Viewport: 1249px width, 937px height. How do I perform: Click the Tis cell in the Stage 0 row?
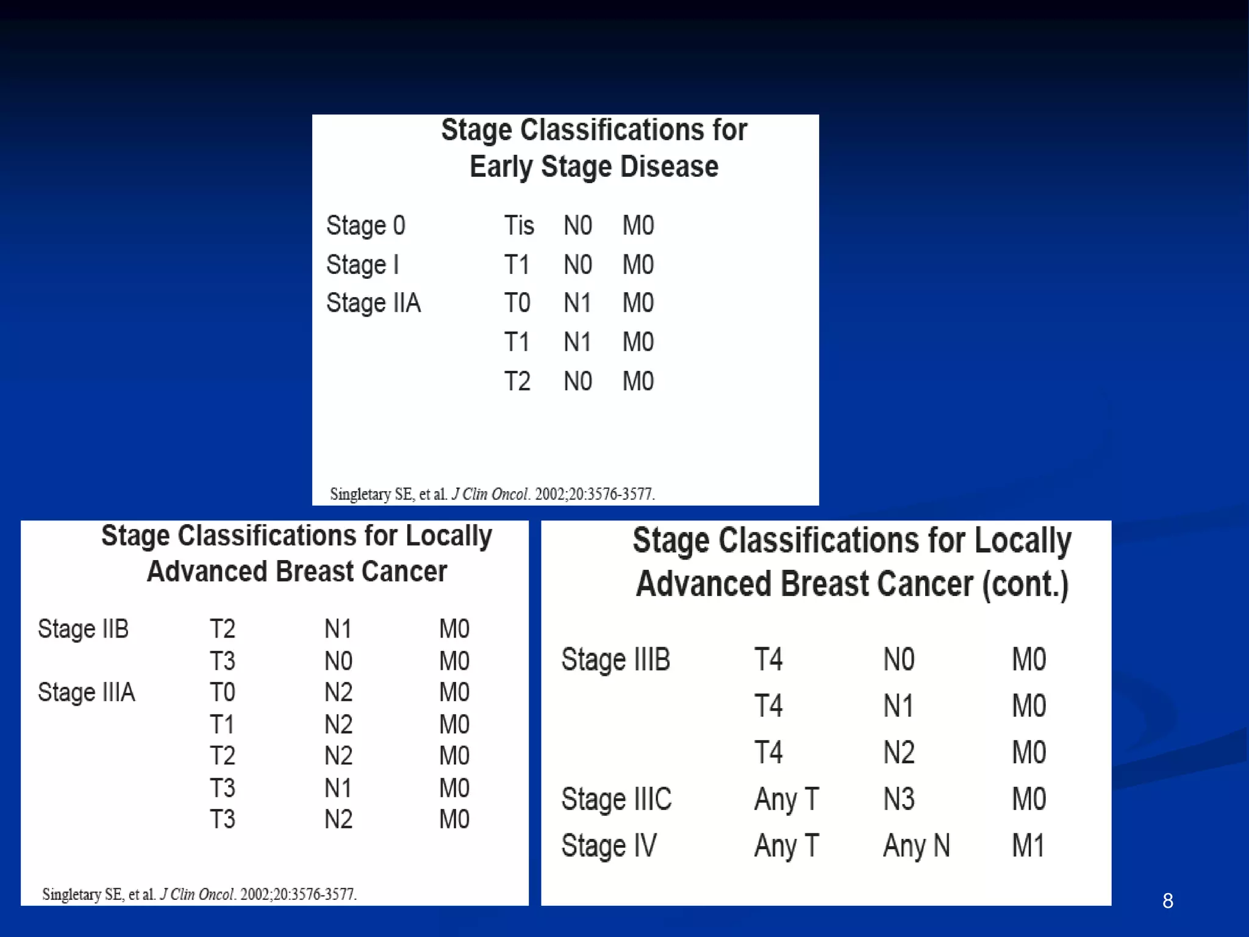(x=518, y=226)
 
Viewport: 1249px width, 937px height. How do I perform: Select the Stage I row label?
(x=363, y=265)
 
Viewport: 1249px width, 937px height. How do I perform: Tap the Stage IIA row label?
(x=373, y=303)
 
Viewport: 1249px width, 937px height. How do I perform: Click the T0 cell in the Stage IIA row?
(x=517, y=303)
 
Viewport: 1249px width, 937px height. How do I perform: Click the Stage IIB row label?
(x=83, y=629)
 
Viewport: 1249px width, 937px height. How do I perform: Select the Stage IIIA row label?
(x=86, y=692)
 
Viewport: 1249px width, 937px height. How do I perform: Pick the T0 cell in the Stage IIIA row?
(x=222, y=692)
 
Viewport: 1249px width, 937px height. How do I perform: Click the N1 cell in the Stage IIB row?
(x=338, y=629)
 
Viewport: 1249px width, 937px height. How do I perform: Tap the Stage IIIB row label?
(x=615, y=659)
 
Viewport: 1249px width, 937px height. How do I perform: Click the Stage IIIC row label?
(x=616, y=799)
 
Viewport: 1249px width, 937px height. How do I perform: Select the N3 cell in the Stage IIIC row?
(x=899, y=799)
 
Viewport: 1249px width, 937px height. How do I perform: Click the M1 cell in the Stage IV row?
(x=1028, y=845)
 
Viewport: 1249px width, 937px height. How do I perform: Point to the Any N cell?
(x=916, y=845)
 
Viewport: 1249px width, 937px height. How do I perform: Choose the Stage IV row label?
(x=609, y=845)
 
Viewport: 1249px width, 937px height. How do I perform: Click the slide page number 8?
(x=1167, y=900)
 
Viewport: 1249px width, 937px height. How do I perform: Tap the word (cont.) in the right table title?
(x=1025, y=584)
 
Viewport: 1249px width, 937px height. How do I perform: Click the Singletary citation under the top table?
(x=492, y=494)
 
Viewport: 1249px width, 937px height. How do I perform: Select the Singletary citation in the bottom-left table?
(x=199, y=894)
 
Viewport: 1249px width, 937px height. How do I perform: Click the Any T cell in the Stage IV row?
(x=786, y=845)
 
